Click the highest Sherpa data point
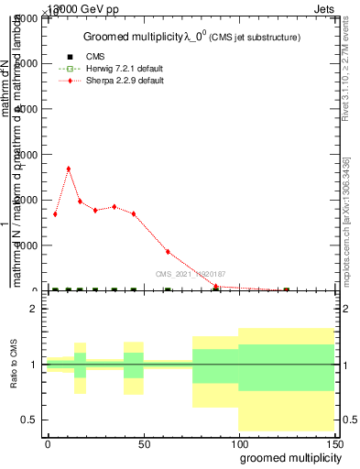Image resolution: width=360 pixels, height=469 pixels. point(69,169)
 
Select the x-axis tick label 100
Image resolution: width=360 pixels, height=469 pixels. point(238,443)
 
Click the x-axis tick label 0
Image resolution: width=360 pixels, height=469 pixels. point(48,443)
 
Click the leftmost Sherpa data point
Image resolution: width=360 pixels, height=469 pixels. point(55,214)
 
